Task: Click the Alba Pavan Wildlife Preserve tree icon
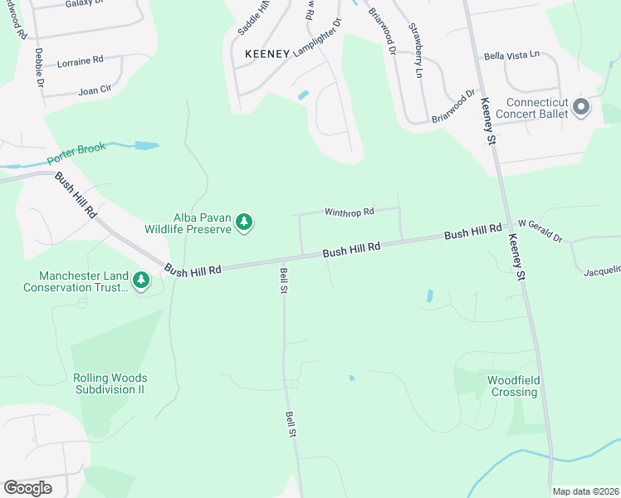point(244,222)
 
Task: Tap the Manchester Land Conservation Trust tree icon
point(141,281)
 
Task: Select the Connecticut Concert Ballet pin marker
point(581,106)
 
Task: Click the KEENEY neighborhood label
point(267,54)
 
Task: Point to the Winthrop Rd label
point(350,212)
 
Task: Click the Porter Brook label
point(77,154)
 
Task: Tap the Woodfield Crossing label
point(513,386)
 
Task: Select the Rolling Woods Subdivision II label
point(109,383)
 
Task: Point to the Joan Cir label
point(94,90)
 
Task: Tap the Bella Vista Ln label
point(511,56)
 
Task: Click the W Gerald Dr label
point(540,231)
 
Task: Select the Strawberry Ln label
point(415,39)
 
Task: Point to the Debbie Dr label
point(38,67)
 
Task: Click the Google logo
point(27,488)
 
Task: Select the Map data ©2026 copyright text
point(584,491)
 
